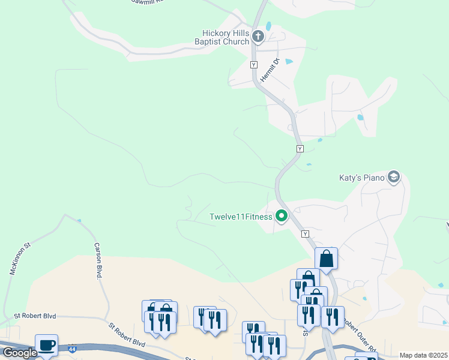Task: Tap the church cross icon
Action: pyautogui.click(x=258, y=37)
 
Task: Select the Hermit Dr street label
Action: pyautogui.click(x=277, y=65)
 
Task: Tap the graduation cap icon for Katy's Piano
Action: pyautogui.click(x=394, y=177)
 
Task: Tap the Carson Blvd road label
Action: pyautogui.click(x=98, y=260)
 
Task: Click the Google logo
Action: pyautogui.click(x=20, y=353)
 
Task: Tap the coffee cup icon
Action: pyautogui.click(x=46, y=345)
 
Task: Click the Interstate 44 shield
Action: pyautogui.click(x=72, y=347)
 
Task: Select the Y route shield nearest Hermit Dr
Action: pyautogui.click(x=253, y=64)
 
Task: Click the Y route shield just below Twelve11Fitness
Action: pyautogui.click(x=306, y=233)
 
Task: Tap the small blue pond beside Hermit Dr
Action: pyautogui.click(x=289, y=61)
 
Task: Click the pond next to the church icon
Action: pyautogui.click(x=268, y=26)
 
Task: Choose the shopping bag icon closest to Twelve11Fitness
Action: pyautogui.click(x=326, y=259)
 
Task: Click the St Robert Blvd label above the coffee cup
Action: pyautogui.click(x=38, y=316)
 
